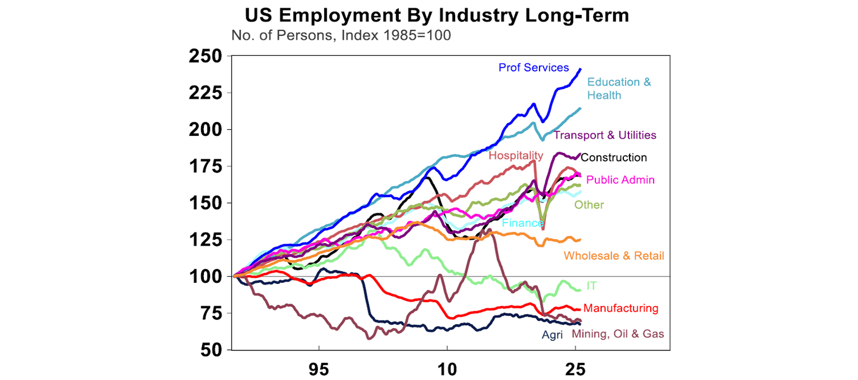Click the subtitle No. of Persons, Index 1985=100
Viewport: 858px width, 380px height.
click(341, 35)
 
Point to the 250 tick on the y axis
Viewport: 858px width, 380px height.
click(206, 56)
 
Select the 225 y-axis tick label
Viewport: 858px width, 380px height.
click(206, 93)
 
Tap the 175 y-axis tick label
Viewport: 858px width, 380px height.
click(206, 167)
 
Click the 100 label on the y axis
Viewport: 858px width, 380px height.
click(206, 277)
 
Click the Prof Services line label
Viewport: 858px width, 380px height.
click(533, 68)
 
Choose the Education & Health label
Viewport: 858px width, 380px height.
click(619, 89)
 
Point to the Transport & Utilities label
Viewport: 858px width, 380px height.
click(605, 135)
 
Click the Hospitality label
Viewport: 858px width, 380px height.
click(516, 155)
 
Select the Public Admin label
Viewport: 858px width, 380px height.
click(612, 180)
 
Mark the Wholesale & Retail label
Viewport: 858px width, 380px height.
click(614, 256)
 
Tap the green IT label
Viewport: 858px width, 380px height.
click(592, 286)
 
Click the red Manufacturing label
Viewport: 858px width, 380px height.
click(621, 308)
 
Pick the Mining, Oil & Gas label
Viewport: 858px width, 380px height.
click(618, 334)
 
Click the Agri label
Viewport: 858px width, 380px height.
click(552, 335)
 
